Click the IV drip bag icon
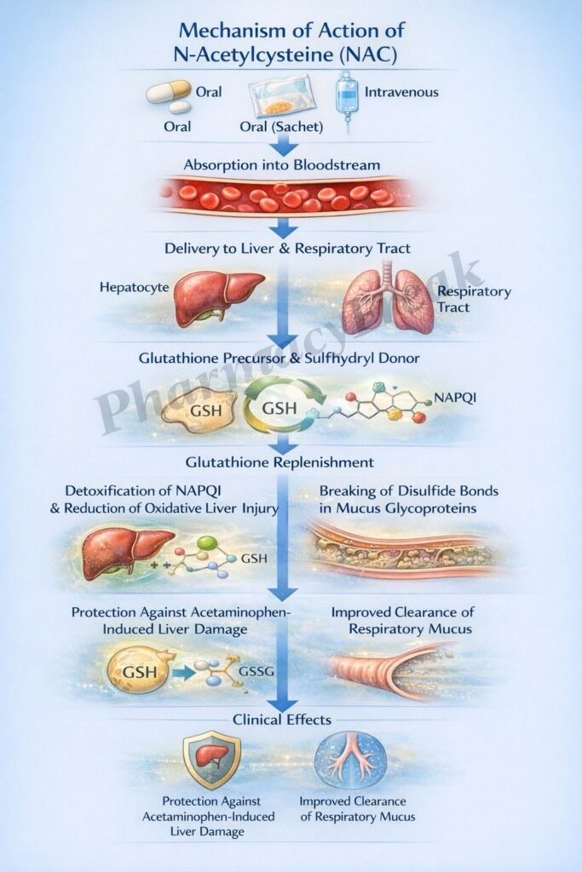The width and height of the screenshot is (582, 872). point(346,99)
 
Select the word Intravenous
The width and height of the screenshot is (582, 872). point(401,91)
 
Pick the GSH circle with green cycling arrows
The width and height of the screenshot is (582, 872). point(280,407)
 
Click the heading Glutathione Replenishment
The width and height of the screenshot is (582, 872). point(280,462)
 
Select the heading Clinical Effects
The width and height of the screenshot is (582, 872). point(282,720)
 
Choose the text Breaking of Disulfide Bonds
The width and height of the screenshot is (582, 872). point(408,491)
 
